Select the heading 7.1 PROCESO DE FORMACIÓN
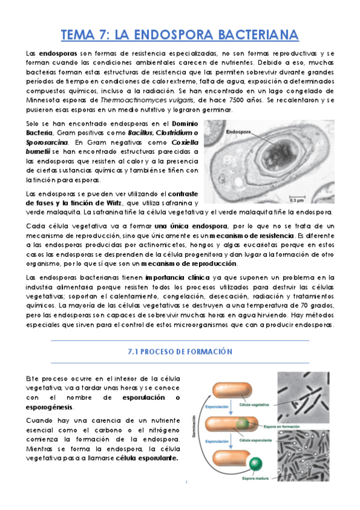[180, 351]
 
